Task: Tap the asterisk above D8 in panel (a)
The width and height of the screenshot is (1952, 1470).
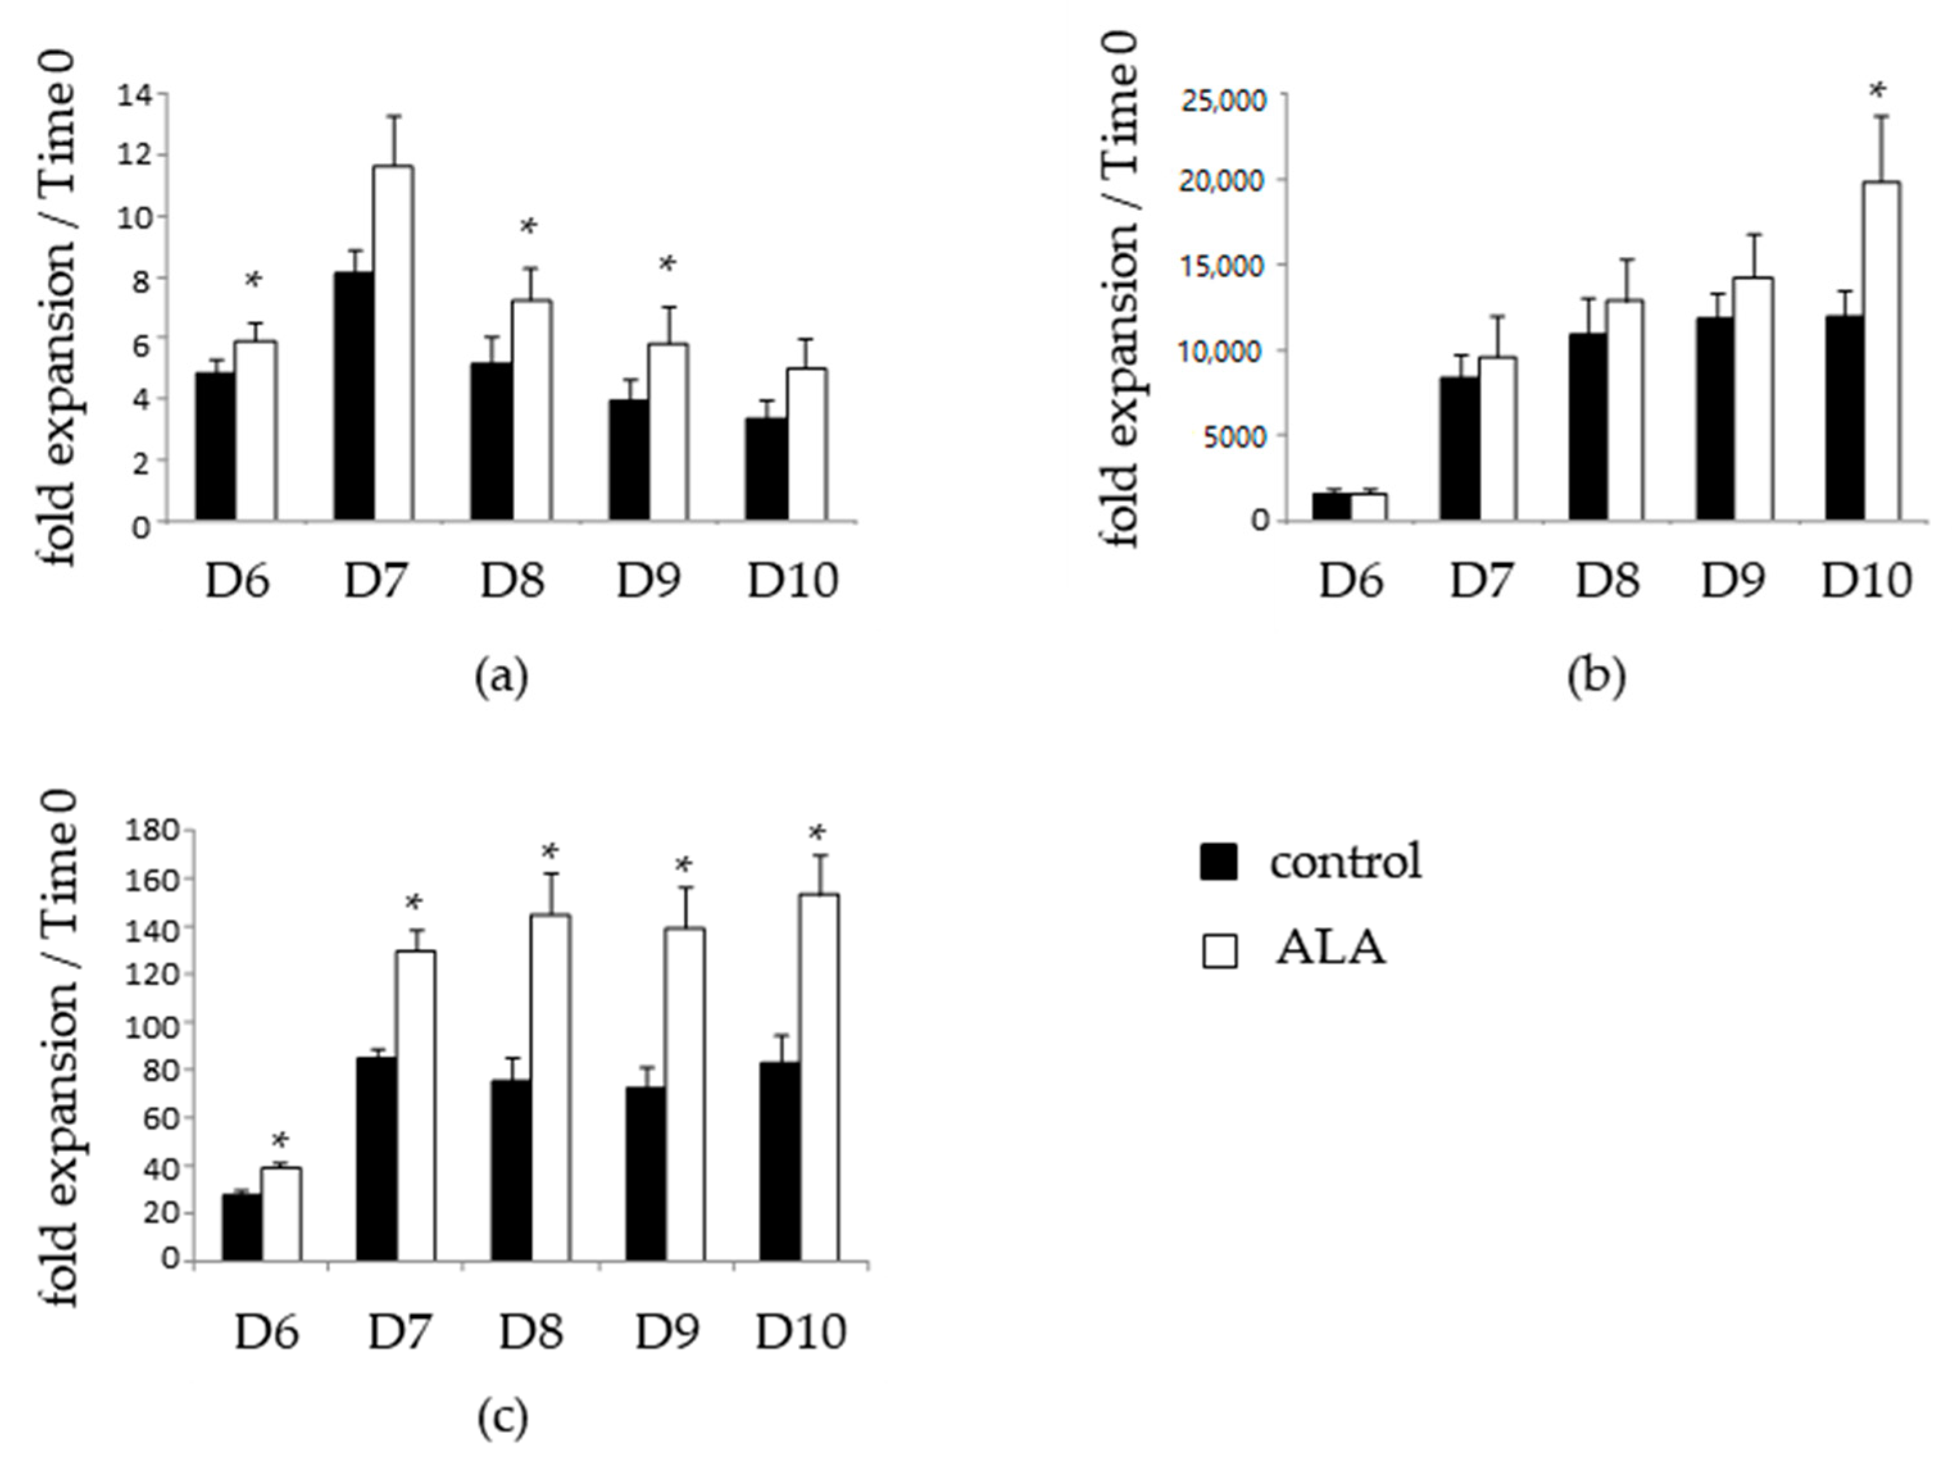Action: pyautogui.click(x=528, y=227)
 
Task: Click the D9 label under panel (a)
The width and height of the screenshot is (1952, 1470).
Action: pyautogui.click(x=647, y=581)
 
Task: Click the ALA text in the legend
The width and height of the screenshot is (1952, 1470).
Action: pyautogui.click(x=1331, y=950)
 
